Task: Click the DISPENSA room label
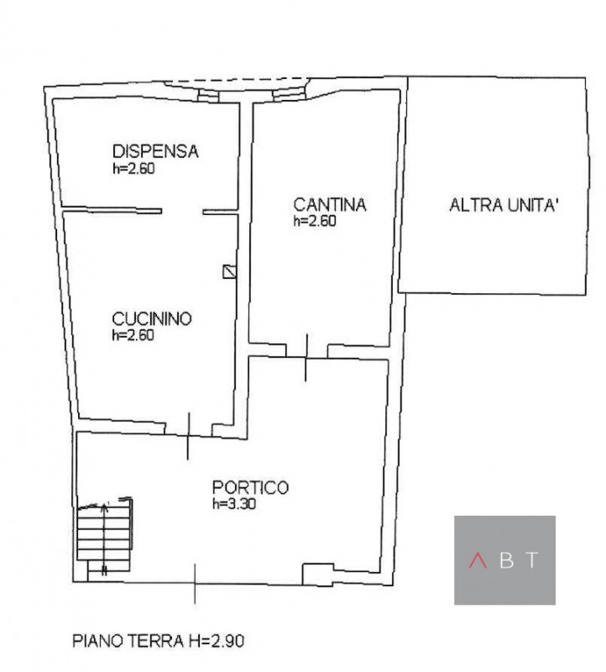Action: point(155,152)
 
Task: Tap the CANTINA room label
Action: point(331,204)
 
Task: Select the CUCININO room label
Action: point(152,319)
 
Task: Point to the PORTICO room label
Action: point(250,487)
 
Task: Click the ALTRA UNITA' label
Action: point(504,204)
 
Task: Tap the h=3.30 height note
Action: point(233,504)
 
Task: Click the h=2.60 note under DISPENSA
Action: point(134,167)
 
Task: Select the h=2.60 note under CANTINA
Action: point(315,221)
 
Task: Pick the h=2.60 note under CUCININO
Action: point(134,334)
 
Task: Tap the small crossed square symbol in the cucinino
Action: point(229,270)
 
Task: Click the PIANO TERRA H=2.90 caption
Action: point(158,642)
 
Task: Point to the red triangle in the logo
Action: point(478,561)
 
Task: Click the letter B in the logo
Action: point(505,561)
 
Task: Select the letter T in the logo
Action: point(532,561)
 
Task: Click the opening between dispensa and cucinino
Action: point(181,210)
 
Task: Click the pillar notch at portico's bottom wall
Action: point(316,575)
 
